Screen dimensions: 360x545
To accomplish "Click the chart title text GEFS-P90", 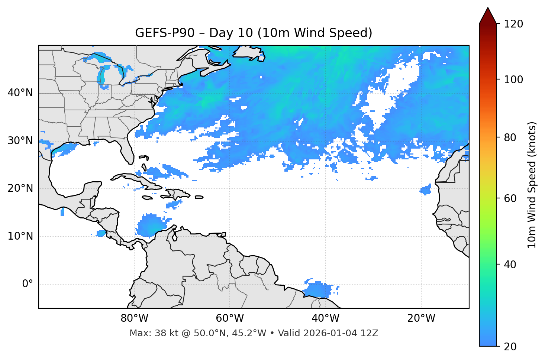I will tap(165, 33).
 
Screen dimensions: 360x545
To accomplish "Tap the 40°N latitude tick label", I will tap(20, 93).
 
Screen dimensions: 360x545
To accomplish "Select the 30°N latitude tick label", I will tap(20, 141).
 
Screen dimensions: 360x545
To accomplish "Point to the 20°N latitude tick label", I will tap(20, 188).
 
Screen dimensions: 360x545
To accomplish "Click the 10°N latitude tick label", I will tap(20, 236).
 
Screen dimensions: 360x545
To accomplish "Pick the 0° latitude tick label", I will tap(28, 284).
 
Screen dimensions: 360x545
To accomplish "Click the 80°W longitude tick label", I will tap(134, 318).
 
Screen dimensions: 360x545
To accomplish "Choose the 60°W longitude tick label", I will tap(230, 318).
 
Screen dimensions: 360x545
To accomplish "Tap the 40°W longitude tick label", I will tap(325, 318).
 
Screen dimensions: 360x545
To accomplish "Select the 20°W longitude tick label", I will tap(421, 318).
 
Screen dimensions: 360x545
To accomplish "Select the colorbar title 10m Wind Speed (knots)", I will tap(532, 185).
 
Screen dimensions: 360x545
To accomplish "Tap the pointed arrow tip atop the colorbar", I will tap(488, 9).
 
